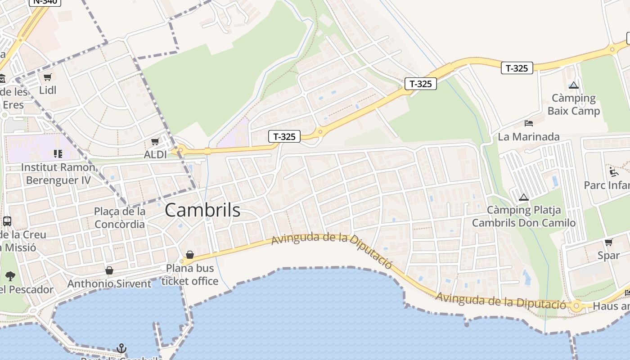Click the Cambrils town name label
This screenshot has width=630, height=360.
tap(202, 210)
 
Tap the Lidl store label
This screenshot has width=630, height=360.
tap(48, 90)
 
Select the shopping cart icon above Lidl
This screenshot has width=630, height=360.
tap(48, 77)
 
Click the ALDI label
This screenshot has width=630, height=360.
tap(155, 155)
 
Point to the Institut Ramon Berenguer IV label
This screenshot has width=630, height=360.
tap(58, 174)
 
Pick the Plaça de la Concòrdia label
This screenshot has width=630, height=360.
tap(120, 218)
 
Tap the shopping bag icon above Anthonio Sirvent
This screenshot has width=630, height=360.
tap(109, 270)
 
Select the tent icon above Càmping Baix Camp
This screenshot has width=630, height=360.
tap(573, 85)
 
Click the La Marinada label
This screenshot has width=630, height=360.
tap(529, 137)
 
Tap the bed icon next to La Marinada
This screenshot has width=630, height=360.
tap(529, 123)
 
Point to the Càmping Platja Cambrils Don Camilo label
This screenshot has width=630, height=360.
tap(524, 216)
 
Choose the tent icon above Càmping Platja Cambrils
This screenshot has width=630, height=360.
tap(523, 197)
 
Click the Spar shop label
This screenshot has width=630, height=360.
tap(608, 256)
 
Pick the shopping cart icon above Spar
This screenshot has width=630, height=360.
tap(608, 243)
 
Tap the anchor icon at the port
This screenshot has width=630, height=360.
tap(121, 348)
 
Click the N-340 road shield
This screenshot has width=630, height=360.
tap(45, 1)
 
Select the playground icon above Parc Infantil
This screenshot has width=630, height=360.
tap(613, 171)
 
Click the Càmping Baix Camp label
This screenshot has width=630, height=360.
tap(574, 104)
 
